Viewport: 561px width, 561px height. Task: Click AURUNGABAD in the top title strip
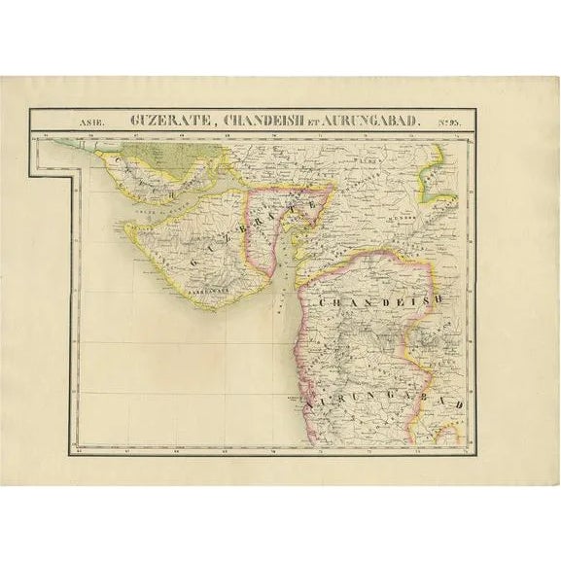pyautogui.click(x=370, y=121)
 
